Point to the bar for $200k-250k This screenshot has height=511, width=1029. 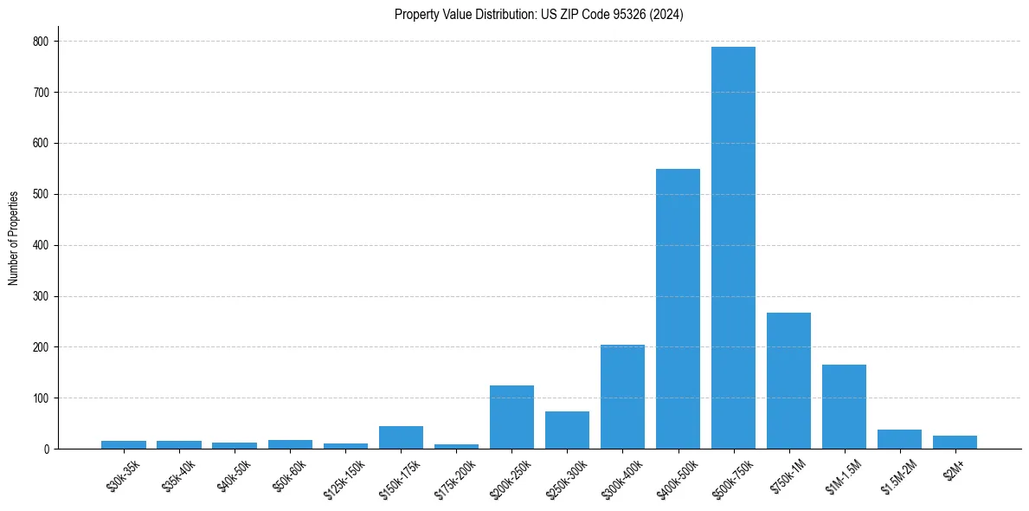pyautogui.click(x=511, y=417)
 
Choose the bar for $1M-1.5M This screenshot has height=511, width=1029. pyautogui.click(x=844, y=407)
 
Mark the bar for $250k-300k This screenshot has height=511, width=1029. pyautogui.click(x=567, y=430)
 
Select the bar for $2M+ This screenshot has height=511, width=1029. pyautogui.click(x=955, y=443)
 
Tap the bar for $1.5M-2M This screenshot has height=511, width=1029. pyautogui.click(x=899, y=439)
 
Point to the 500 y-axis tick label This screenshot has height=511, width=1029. pyautogui.click(x=42, y=195)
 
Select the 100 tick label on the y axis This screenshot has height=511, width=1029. pyautogui.click(x=42, y=398)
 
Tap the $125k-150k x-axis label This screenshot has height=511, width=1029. pyautogui.click(x=346, y=477)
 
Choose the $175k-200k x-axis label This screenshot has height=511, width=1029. pyautogui.click(x=456, y=477)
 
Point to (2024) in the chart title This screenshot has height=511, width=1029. pyautogui.click(x=667, y=15)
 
